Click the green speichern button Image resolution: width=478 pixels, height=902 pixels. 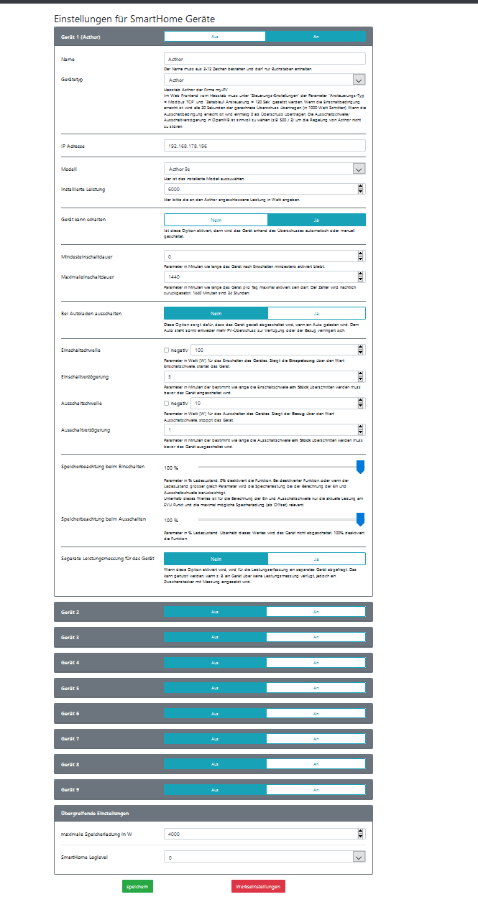click(137, 886)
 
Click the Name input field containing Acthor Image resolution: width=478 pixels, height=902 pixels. click(265, 59)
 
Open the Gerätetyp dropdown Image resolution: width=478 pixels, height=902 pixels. click(265, 80)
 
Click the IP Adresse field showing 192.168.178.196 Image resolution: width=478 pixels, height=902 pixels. click(265, 146)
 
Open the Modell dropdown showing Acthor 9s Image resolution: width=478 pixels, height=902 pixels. click(265, 169)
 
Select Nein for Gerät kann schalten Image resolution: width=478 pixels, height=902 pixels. click(215, 220)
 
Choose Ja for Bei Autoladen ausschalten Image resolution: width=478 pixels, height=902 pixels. click(316, 313)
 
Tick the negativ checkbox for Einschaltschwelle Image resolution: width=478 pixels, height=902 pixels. click(167, 350)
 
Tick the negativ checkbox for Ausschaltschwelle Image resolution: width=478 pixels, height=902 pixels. click(167, 403)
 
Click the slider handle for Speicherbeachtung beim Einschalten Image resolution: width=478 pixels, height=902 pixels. click(361, 467)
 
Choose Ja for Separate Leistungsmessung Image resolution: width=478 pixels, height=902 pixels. click(316, 558)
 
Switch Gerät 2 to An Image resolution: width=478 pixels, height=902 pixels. click(316, 612)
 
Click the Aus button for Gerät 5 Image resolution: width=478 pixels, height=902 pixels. click(214, 688)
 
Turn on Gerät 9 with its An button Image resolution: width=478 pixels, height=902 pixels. click(316, 789)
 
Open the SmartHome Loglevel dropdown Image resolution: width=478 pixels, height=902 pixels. click(265, 857)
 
